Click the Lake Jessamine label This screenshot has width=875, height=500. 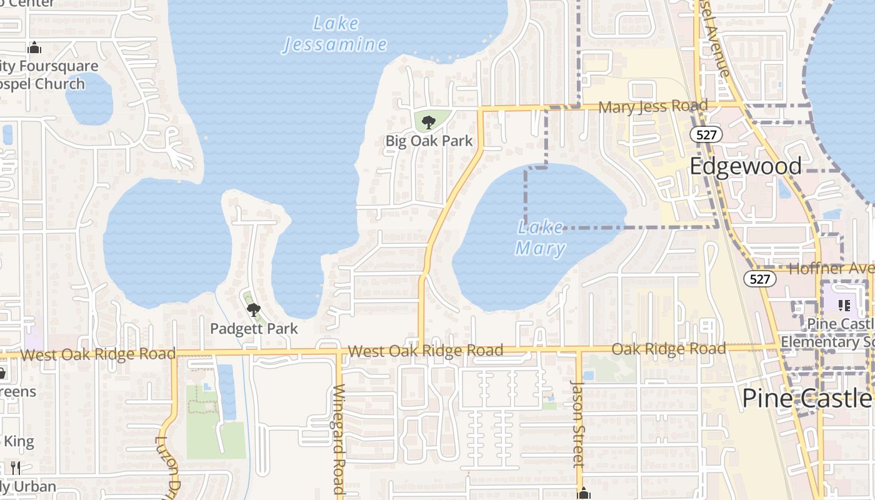336,34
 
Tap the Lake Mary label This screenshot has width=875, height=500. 541,238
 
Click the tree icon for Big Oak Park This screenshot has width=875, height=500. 428,122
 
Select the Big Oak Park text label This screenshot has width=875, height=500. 429,141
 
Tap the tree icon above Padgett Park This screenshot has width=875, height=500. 253,309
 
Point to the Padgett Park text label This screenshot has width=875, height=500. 254,328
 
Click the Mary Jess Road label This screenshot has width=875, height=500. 652,107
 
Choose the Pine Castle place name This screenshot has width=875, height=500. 806,399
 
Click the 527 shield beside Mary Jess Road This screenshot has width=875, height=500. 706,134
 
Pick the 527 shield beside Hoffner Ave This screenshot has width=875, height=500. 760,279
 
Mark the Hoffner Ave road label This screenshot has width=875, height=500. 831,269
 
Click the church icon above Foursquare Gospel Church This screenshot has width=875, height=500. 34,47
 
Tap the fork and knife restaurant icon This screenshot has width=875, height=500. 16,467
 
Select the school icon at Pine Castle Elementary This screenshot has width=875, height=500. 844,306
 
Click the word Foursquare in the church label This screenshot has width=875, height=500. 59,66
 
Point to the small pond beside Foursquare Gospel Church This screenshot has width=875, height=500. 89,99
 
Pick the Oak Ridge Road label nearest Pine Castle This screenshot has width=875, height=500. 668,349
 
